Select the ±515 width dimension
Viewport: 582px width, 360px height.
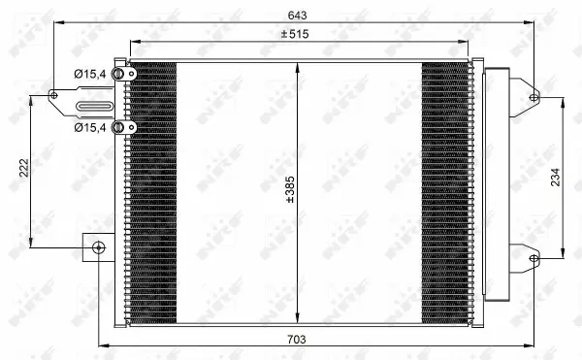click(x=303, y=35)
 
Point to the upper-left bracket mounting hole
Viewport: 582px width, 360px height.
click(x=54, y=94)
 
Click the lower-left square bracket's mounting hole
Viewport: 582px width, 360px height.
click(x=98, y=246)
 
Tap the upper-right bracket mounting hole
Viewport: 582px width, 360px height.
click(x=533, y=95)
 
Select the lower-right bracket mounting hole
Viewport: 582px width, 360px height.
click(x=533, y=257)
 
